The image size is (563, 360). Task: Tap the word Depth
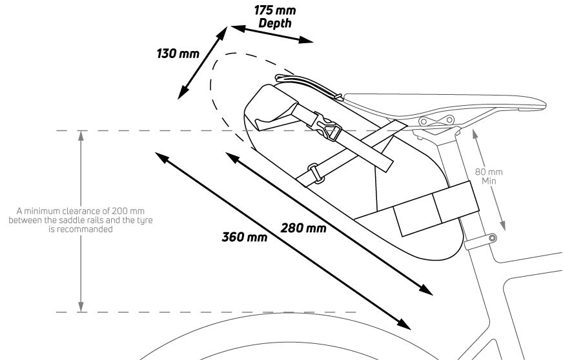(x=274, y=23)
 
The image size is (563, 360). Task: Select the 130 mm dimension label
(x=178, y=53)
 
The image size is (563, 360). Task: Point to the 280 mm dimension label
(x=303, y=228)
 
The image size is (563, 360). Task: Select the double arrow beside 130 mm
(x=202, y=62)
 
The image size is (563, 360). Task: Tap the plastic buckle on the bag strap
(x=328, y=130)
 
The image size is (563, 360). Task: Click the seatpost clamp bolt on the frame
(x=493, y=238)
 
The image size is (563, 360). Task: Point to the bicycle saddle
(x=445, y=103)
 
